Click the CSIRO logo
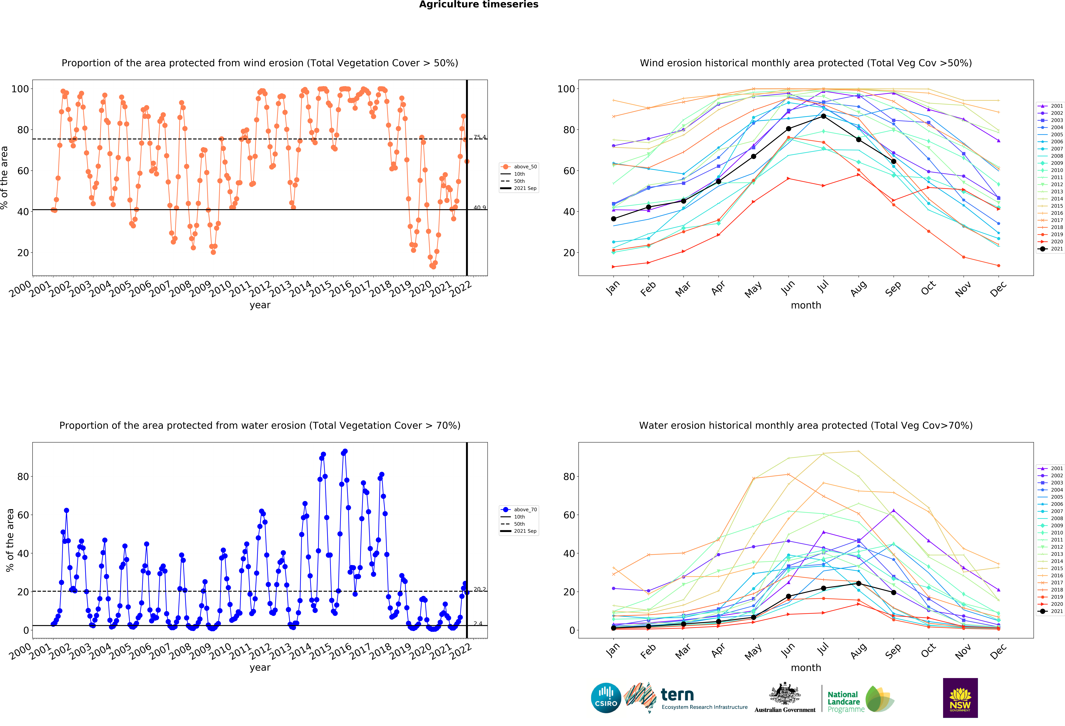[x=606, y=698]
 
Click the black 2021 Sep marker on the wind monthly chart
[x=893, y=161]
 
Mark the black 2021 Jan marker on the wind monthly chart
[x=614, y=219]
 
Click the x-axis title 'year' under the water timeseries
[x=260, y=667]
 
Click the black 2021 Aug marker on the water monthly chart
[x=858, y=584]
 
